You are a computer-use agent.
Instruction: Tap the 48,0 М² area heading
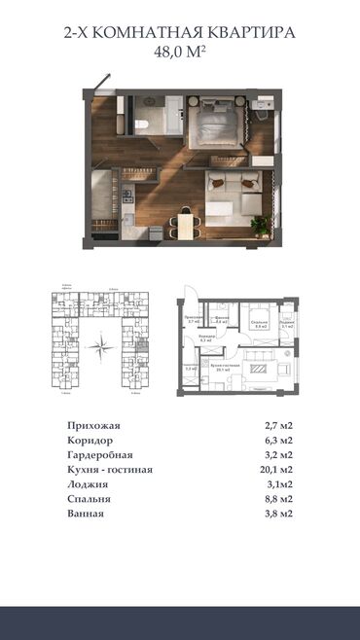click(180, 53)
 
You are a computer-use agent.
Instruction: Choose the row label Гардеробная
click(100, 454)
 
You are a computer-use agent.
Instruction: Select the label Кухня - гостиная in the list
click(110, 469)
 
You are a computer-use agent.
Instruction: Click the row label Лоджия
click(89, 483)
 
